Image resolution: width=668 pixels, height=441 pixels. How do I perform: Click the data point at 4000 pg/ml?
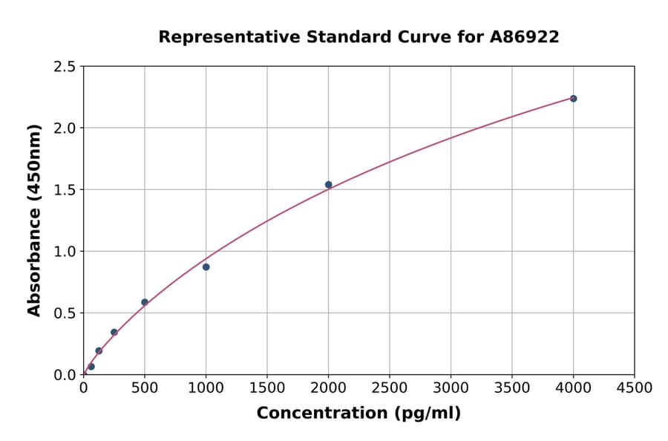click(573, 99)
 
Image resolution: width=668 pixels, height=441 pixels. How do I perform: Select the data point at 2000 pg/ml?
click(328, 185)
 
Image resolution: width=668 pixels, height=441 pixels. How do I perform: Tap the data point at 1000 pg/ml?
click(206, 267)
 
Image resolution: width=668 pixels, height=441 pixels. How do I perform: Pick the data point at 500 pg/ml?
click(145, 302)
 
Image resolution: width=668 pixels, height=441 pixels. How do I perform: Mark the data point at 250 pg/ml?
click(114, 332)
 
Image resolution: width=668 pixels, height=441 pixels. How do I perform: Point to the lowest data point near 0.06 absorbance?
click(91, 366)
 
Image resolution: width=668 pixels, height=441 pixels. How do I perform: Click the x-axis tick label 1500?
click(267, 388)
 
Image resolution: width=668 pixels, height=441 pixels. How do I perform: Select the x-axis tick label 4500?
click(634, 388)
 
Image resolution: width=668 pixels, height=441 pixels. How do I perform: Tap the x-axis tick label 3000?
click(451, 388)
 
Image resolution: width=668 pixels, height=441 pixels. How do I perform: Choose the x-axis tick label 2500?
click(390, 388)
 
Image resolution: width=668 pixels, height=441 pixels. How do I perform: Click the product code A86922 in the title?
click(524, 37)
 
